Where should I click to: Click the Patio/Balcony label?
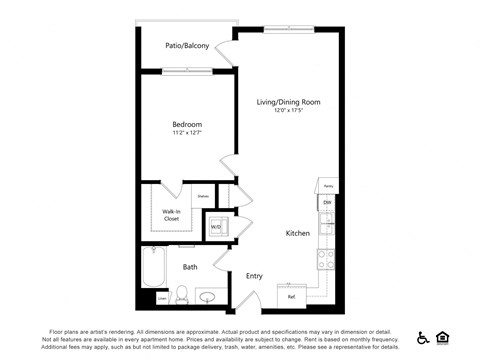click(187, 46)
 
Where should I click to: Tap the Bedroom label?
click(187, 124)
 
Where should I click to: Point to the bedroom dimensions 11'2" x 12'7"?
click(187, 133)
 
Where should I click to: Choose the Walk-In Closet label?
click(171, 214)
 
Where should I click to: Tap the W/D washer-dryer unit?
click(216, 227)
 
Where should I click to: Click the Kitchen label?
click(298, 233)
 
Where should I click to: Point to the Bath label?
click(190, 267)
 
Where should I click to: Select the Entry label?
click(254, 276)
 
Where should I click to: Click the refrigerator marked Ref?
click(291, 296)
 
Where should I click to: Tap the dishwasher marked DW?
click(327, 203)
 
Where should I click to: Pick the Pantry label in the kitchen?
click(327, 186)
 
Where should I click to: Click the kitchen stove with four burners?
click(326, 260)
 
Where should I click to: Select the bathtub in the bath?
click(155, 267)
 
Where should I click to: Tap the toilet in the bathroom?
click(182, 295)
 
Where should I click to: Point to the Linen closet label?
click(162, 298)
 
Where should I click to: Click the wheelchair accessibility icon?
click(424, 338)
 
